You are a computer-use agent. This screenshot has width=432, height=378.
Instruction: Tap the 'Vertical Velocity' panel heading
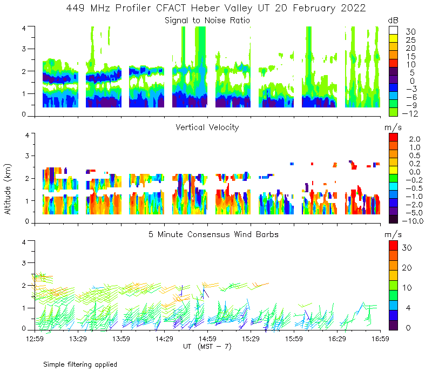(207, 127)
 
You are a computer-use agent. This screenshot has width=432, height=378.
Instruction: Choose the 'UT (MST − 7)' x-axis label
(207, 347)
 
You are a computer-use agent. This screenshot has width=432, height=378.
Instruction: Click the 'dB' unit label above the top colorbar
(393, 20)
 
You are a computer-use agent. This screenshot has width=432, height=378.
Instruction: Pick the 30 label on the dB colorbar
(410, 32)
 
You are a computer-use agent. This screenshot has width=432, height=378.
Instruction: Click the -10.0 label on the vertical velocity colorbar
(411, 220)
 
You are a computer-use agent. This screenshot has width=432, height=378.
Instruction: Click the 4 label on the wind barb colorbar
(408, 308)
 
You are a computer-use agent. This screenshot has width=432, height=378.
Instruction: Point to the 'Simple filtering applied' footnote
(80, 364)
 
